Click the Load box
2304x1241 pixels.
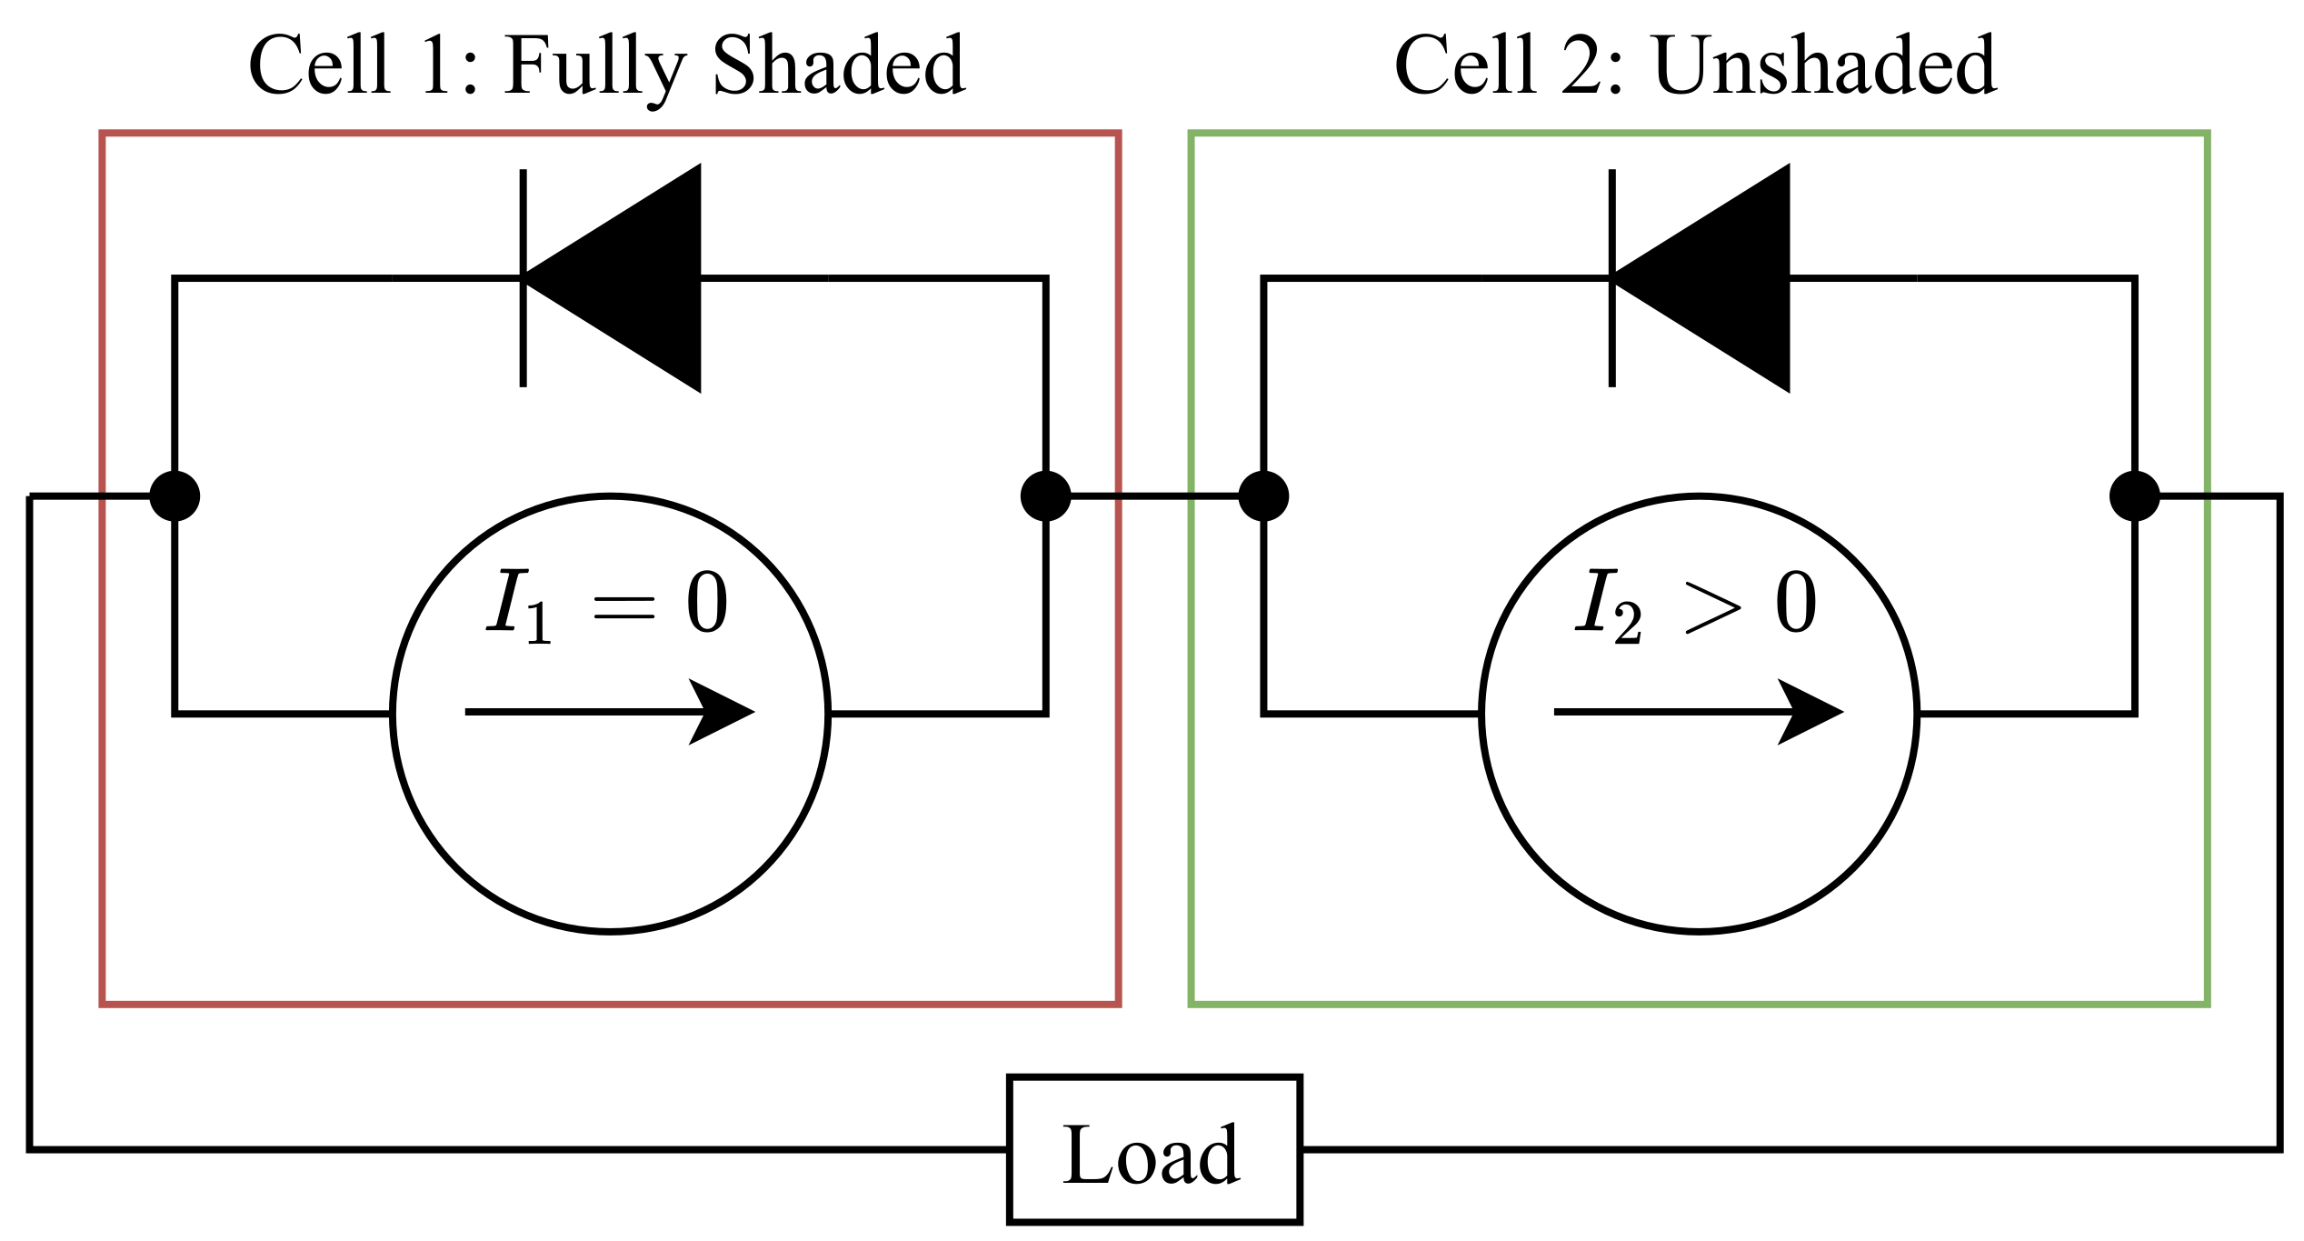[x=1154, y=1150]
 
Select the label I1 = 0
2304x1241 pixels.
[x=607, y=605]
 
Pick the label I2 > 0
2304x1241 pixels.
[x=1696, y=605]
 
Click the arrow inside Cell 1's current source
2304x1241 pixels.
[x=609, y=712]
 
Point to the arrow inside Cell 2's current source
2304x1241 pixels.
[x=1698, y=712]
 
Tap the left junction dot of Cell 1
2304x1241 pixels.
[x=175, y=496]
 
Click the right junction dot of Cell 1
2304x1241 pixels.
[x=1046, y=496]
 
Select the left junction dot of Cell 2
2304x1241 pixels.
[x=1263, y=496]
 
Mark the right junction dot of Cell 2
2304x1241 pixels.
[x=2134, y=496]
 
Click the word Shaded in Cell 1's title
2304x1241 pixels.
[x=838, y=65]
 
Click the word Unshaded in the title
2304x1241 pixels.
[x=1824, y=65]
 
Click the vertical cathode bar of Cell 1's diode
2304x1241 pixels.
[x=523, y=277]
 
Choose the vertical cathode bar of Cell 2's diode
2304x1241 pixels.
[x=1611, y=277]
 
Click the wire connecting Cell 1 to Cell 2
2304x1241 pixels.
[x=1154, y=496]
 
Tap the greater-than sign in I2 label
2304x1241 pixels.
[x=1713, y=607]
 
